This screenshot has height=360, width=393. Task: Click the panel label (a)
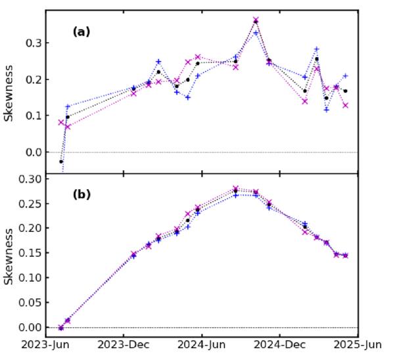(81, 32)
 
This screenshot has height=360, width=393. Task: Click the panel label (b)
(81, 194)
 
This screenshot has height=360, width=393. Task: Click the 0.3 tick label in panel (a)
(33, 43)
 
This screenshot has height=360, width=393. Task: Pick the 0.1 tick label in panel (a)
(33, 116)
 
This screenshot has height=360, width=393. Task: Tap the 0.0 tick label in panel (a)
(33, 152)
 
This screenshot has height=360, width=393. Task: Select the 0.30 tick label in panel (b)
(30, 179)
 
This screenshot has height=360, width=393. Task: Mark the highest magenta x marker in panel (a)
(256, 20)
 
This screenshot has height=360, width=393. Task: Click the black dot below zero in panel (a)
(61, 162)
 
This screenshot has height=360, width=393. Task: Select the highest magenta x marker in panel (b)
(236, 189)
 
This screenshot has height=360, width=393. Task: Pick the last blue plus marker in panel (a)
(345, 76)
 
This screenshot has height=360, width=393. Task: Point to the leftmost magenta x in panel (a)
(61, 122)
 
